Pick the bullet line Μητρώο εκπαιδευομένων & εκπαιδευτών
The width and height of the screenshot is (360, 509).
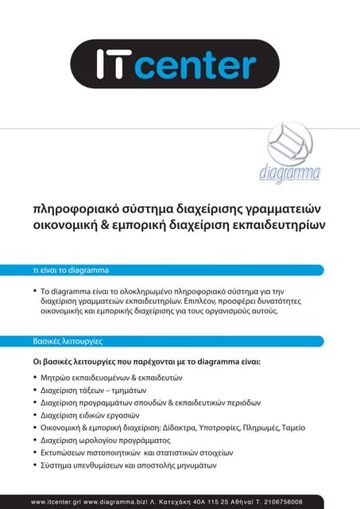[112, 377]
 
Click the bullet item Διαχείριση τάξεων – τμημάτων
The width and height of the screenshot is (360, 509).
[94, 391]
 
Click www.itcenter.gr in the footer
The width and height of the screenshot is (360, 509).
[56, 502]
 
